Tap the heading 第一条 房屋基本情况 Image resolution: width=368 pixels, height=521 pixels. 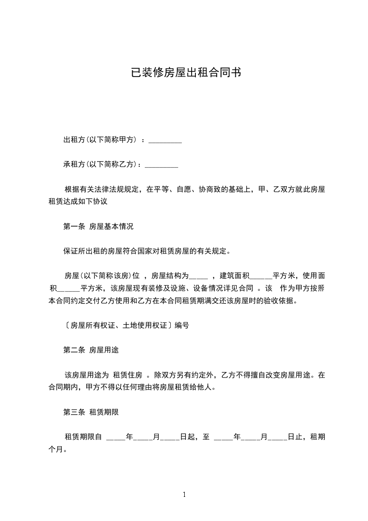[98, 227]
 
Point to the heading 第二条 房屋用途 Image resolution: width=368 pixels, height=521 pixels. [91, 350]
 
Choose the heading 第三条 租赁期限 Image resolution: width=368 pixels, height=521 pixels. [91, 412]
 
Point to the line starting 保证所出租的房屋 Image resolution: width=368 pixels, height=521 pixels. [147, 252]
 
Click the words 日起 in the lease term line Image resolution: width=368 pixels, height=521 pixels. [187, 436]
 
